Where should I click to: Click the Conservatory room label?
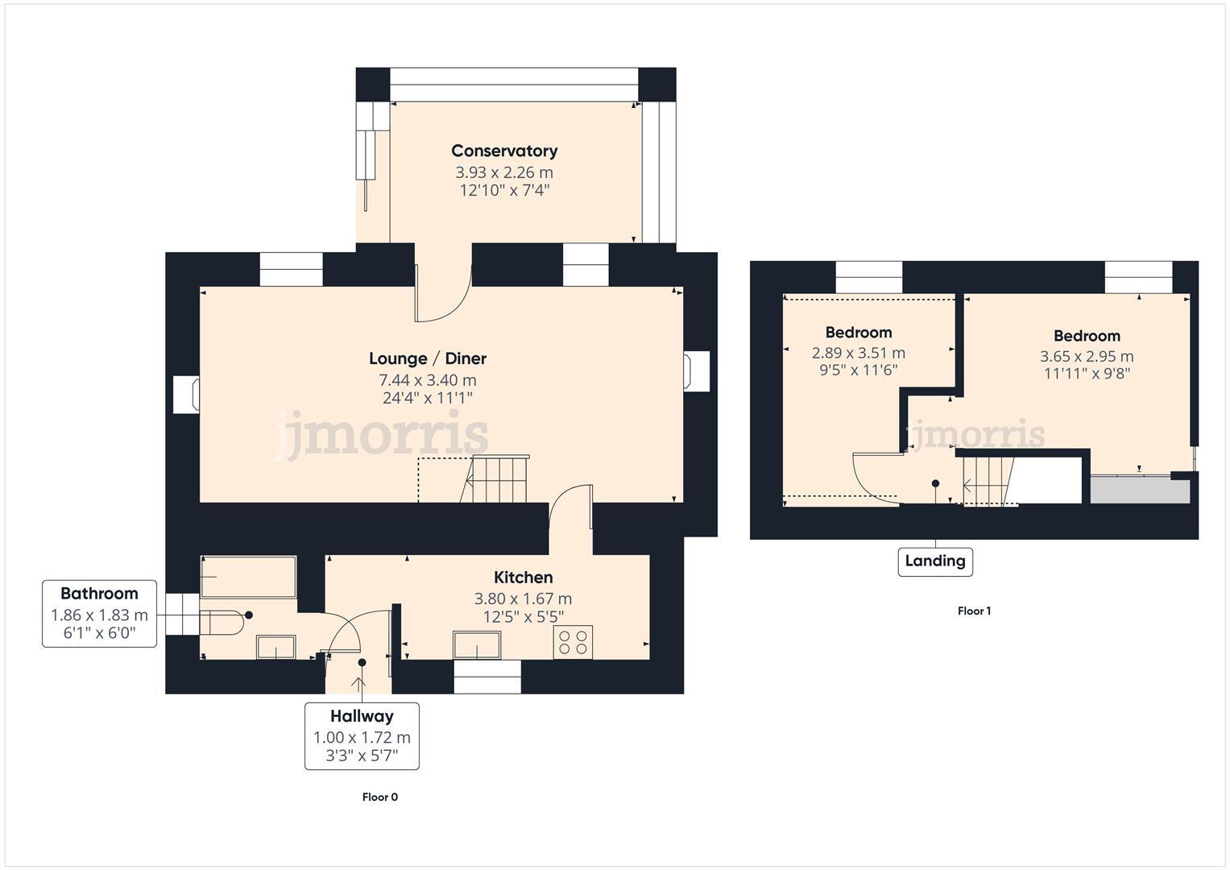tap(504, 151)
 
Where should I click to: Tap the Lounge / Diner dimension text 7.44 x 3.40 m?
tap(428, 379)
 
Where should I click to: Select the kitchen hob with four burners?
tap(573, 642)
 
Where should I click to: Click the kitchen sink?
tap(477, 645)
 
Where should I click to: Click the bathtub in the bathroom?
tap(248, 577)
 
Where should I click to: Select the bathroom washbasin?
tap(276, 647)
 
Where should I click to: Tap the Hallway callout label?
tap(362, 716)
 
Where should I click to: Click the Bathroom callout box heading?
tap(99, 594)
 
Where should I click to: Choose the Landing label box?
tap(935, 561)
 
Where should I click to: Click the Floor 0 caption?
tap(380, 797)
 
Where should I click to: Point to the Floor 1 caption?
tap(974, 611)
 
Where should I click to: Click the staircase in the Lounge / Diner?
tap(497, 478)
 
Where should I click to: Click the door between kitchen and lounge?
tap(571, 507)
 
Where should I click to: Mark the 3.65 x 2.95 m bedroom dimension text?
tap(1087, 356)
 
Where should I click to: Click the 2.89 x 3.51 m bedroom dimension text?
tap(858, 353)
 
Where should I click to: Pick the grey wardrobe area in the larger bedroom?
tap(1140, 491)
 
